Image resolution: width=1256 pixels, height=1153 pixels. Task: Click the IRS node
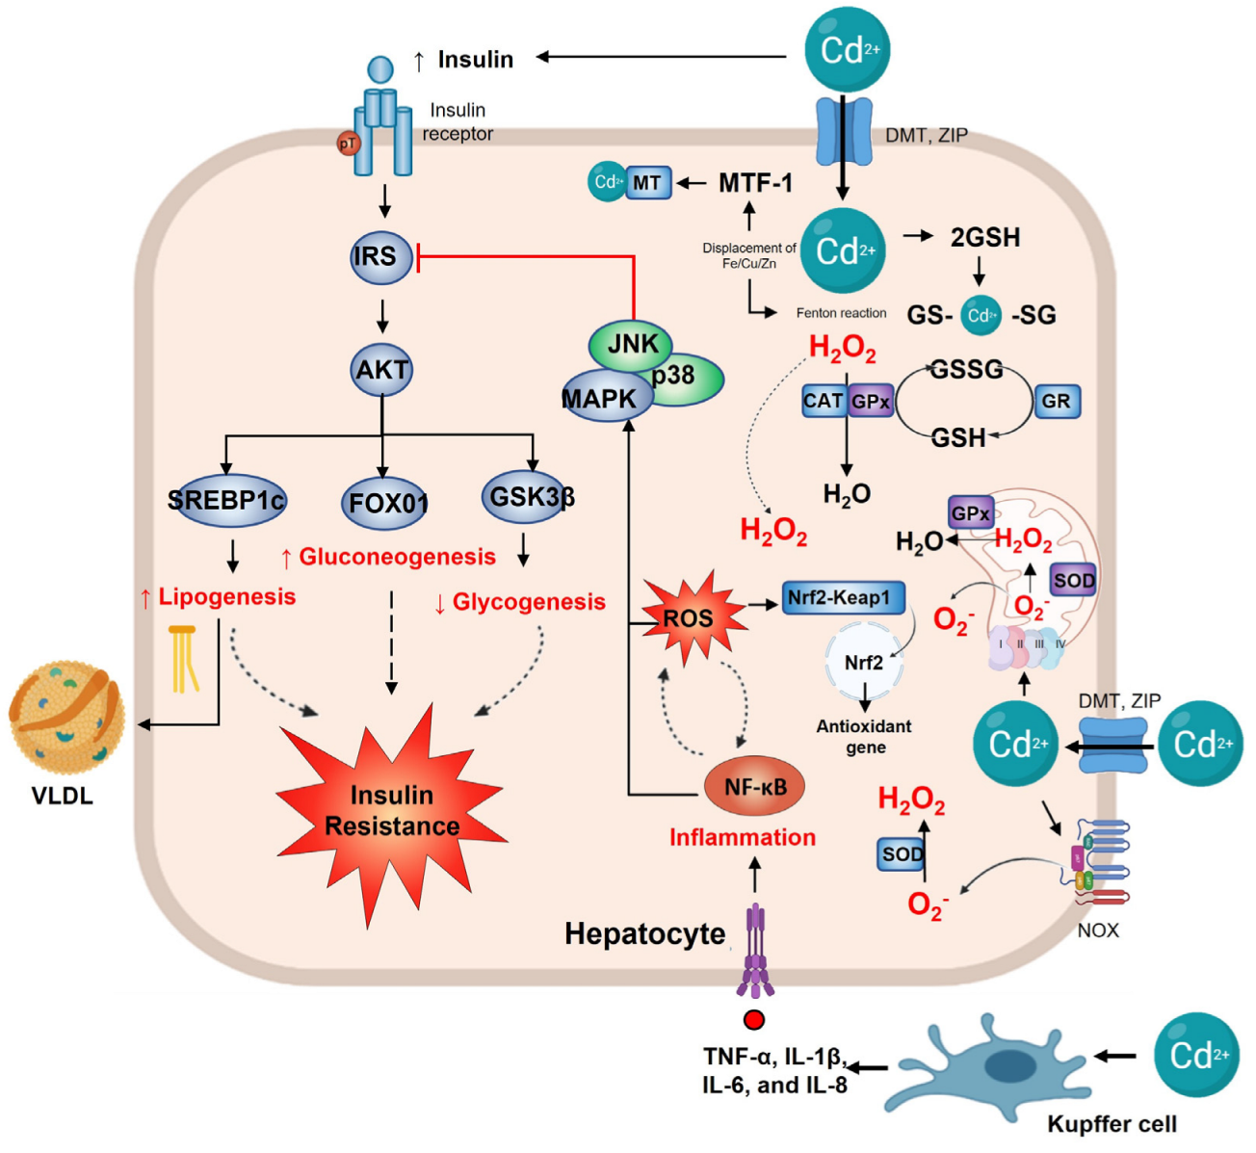380,257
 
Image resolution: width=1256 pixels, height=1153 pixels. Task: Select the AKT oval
382,370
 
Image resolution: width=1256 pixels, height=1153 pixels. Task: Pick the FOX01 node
386,502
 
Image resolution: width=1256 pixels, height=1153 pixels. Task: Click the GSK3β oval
531,497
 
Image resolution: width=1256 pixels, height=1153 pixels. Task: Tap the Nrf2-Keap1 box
841,597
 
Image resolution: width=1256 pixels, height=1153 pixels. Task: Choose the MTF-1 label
755,183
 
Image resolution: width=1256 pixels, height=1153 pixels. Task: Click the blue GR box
1056,402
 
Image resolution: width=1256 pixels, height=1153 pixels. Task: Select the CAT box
824,401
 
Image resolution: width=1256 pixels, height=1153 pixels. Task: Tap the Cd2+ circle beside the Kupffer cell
1197,1056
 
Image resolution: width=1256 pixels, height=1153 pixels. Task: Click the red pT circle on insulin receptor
347,144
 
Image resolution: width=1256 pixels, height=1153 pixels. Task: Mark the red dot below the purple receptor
753,1019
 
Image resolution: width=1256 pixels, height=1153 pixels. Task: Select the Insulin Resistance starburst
391,809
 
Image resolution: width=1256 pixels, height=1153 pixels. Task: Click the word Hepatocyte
644,933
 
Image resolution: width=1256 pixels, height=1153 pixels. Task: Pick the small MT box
647,182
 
